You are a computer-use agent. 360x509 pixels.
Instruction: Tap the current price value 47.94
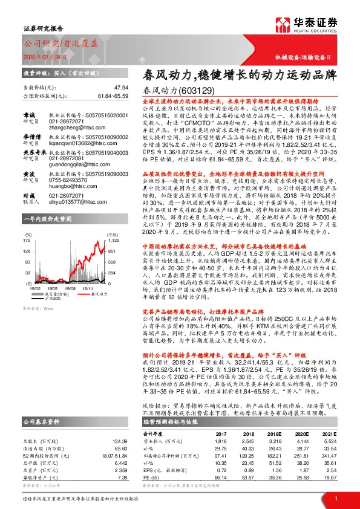tap(121, 88)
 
